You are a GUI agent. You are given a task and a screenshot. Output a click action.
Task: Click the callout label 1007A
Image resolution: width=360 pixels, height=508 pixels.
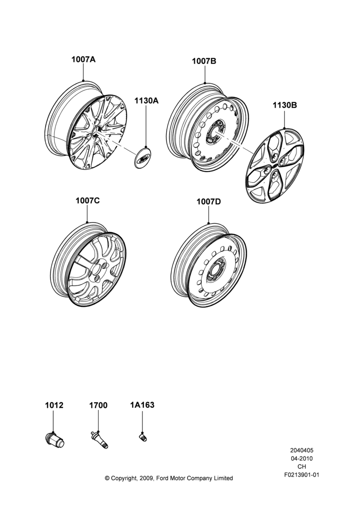click(83, 59)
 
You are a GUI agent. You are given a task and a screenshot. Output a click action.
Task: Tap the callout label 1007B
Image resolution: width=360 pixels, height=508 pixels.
click(204, 61)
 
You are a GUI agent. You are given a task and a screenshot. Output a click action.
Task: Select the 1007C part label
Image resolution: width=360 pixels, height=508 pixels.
click(87, 201)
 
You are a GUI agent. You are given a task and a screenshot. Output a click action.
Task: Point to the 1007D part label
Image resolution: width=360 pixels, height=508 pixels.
click(208, 202)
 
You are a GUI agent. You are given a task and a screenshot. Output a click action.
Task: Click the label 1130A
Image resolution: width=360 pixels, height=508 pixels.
click(146, 101)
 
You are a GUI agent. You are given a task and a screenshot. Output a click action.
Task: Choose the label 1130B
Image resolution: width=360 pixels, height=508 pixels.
click(284, 105)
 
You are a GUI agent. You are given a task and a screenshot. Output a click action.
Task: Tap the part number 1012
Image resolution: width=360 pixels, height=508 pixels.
click(54, 405)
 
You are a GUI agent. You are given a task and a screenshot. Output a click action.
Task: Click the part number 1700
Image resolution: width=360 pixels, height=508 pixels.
click(98, 405)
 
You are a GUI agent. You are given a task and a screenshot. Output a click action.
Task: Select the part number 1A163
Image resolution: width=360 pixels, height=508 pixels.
click(142, 405)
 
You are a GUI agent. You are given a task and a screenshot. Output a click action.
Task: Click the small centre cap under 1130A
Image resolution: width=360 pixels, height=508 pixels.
click(143, 158)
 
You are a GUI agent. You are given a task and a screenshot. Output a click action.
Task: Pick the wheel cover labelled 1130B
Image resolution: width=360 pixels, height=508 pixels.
click(275, 166)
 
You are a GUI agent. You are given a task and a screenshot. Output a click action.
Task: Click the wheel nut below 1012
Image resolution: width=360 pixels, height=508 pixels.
click(55, 440)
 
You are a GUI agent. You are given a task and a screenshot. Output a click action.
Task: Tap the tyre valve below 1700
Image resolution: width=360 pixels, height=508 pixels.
click(99, 439)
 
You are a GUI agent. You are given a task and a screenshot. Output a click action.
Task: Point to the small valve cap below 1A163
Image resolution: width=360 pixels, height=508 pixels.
click(143, 437)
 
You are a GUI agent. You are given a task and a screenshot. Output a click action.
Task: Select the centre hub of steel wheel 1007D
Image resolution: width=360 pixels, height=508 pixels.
click(215, 269)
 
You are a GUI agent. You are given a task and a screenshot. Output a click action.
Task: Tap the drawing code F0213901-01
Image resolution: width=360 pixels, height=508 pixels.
click(302, 475)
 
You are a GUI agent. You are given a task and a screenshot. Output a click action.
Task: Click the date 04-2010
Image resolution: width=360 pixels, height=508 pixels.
click(302, 458)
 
